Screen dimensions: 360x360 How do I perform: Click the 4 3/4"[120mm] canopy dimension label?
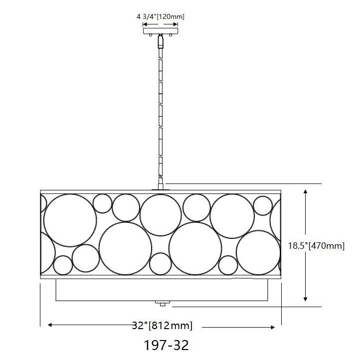coord(160,16)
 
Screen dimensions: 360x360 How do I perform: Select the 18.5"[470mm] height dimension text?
coord(317,245)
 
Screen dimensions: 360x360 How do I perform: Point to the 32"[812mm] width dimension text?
coord(163,326)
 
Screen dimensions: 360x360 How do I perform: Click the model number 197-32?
coord(166,345)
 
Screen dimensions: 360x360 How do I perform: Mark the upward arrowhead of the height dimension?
coord(306,191)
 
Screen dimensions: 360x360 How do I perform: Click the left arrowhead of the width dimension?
coord(50,325)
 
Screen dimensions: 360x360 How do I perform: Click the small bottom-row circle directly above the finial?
coord(161,264)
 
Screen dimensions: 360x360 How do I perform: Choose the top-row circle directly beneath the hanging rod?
coord(161,213)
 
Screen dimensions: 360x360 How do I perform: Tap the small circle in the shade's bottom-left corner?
coord(63,265)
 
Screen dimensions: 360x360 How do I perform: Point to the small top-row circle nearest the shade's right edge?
coord(262,205)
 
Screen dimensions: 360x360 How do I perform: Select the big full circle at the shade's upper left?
coord(70,220)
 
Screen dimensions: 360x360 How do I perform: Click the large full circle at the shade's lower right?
coord(258,252)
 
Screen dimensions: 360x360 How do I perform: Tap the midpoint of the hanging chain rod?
coord(161,112)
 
